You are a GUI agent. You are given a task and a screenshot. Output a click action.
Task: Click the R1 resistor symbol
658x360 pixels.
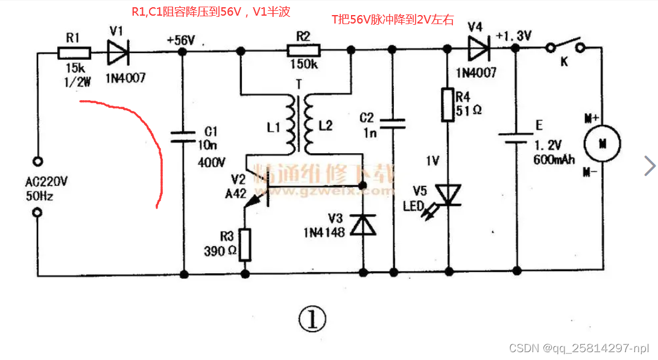[x=74, y=53]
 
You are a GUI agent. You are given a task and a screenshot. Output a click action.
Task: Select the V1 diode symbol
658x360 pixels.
[x=118, y=52]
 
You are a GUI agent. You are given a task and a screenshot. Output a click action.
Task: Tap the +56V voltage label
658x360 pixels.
[x=180, y=40]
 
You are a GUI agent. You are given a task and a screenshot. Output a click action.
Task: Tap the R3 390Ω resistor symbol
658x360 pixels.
[x=245, y=244]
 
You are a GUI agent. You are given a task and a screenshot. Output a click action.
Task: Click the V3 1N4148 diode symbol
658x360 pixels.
[x=363, y=225]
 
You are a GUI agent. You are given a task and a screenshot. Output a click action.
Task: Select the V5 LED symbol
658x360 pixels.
[x=448, y=195]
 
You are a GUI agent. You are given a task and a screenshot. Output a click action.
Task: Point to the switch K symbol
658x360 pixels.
[x=564, y=47]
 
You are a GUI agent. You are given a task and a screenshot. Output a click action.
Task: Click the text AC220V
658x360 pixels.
[x=46, y=182]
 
